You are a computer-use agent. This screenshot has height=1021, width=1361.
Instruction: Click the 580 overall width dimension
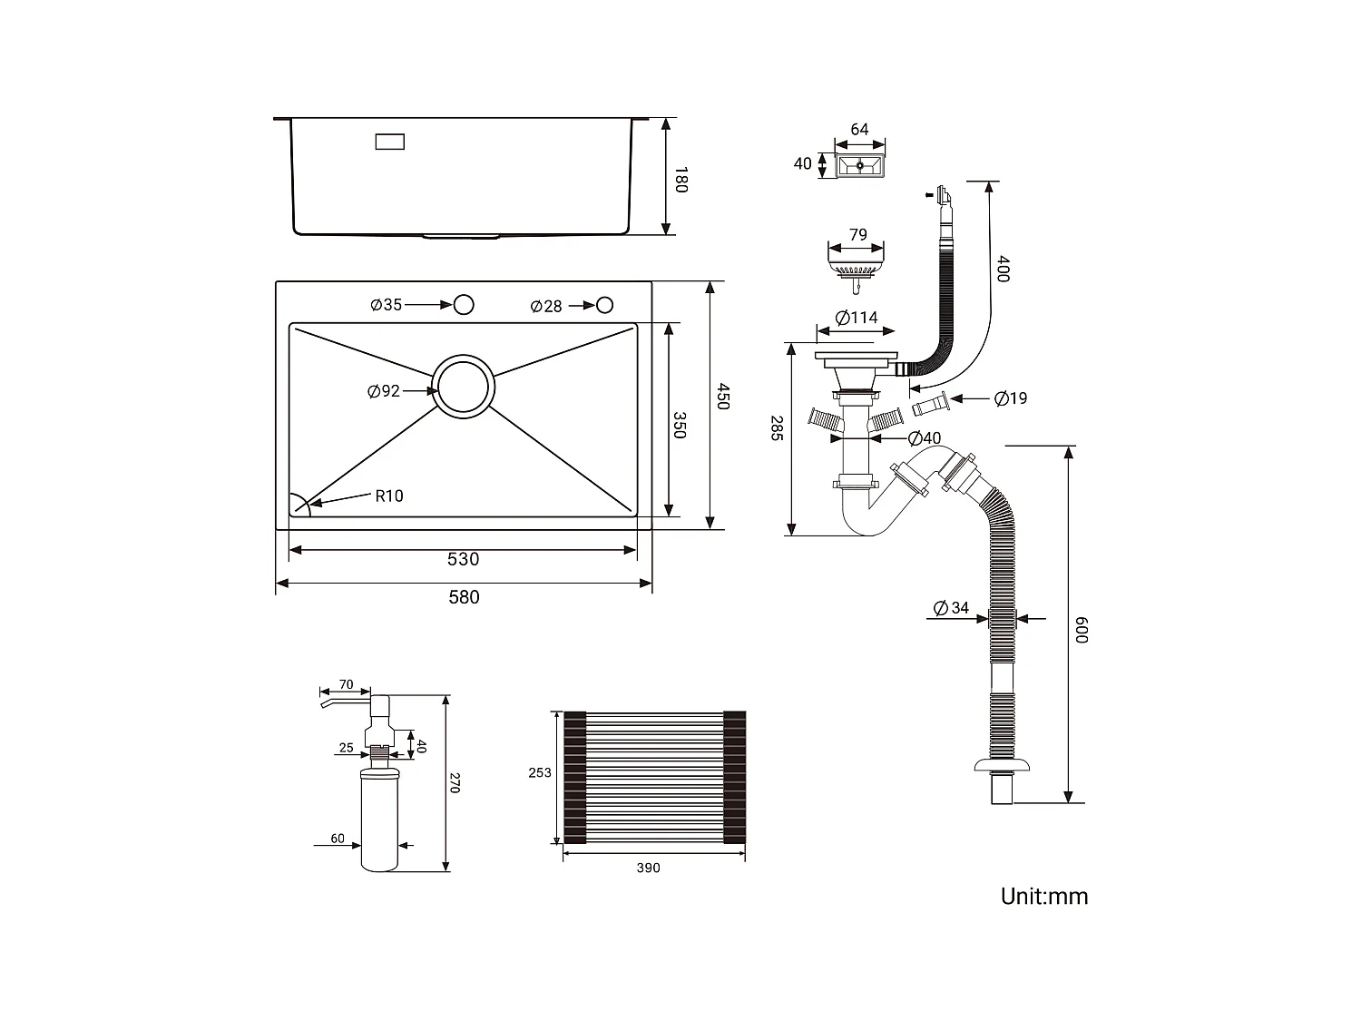(464, 597)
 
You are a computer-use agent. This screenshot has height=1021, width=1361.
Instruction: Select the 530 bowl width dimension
(463, 559)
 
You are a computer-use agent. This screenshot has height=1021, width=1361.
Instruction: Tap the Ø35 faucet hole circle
(464, 304)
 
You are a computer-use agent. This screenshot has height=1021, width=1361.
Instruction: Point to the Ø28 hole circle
(604, 305)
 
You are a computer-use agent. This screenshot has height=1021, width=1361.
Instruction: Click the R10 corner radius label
(389, 496)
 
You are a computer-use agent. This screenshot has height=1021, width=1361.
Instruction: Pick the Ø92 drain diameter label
(384, 391)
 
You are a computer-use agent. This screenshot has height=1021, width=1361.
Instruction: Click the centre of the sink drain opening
(464, 387)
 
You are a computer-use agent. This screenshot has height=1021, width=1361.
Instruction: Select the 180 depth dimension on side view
(681, 179)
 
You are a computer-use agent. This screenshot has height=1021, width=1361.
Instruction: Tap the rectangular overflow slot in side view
(390, 142)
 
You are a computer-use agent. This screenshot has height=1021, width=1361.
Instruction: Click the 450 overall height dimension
(722, 397)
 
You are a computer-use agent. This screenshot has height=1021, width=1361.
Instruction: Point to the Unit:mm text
(1043, 897)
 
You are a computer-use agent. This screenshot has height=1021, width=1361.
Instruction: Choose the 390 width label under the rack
(648, 869)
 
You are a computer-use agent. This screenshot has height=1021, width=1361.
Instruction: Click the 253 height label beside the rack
(540, 772)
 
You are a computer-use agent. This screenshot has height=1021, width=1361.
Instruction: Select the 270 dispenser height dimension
(455, 783)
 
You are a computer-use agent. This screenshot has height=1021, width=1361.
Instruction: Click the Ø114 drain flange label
(857, 318)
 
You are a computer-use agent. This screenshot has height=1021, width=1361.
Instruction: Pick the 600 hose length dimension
(1080, 629)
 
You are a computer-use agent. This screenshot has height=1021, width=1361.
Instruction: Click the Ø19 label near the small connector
(1011, 398)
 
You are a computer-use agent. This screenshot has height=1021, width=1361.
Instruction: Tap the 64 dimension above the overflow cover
(859, 130)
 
